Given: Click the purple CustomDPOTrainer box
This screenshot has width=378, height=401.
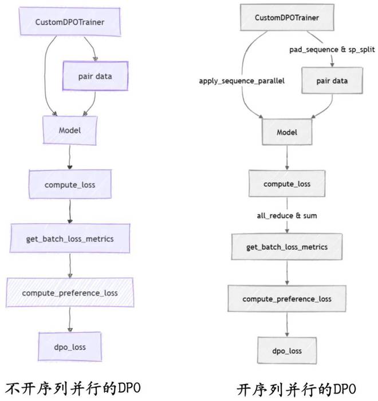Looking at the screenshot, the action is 70,22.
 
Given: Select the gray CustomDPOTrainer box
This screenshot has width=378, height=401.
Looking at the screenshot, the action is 287,17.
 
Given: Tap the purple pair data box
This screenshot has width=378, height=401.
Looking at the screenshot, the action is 95,76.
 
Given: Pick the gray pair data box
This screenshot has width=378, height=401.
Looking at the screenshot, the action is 332,81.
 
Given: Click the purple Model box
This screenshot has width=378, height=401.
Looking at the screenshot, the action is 70,130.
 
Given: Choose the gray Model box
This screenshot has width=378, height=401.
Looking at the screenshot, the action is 287,132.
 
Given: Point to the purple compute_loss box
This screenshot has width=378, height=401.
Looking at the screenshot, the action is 70,184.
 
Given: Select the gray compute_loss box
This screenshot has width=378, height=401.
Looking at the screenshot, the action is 287,184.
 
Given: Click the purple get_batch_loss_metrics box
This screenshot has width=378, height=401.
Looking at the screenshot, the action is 70,239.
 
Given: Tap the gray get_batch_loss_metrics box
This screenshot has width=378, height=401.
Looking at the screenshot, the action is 287,247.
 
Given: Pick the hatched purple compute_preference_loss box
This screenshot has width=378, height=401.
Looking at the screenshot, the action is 70,292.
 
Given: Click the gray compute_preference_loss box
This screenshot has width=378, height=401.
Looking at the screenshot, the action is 287,299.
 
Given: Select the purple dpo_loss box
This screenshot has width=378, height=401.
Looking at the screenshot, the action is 70,347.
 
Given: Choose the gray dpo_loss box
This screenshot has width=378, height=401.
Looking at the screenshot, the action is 287,351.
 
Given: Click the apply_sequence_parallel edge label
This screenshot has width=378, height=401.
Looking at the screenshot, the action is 242,81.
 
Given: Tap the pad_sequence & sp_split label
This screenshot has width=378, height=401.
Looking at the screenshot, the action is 332,49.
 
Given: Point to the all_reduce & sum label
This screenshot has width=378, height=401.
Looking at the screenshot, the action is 287,216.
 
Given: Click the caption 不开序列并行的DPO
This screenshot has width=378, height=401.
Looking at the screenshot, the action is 73,388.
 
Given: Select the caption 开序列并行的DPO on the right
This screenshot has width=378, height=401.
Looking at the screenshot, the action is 296,390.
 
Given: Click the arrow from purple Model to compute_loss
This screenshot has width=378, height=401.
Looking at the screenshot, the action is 70,157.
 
